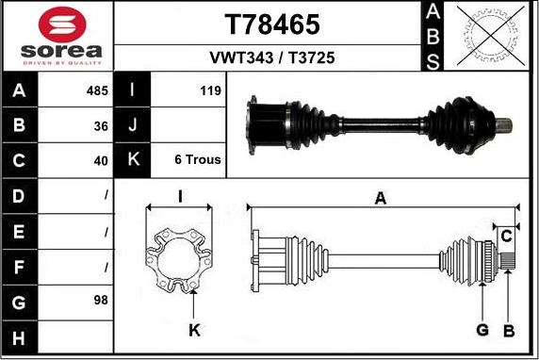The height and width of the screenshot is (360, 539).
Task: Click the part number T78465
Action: [271, 24]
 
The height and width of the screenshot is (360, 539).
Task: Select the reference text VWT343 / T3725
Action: [271, 57]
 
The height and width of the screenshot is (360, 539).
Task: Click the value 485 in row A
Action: [97, 91]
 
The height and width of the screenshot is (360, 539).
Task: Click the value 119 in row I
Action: [210, 91]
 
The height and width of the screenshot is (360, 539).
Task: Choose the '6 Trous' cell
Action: [198, 160]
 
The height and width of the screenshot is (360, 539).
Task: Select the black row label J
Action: [133, 125]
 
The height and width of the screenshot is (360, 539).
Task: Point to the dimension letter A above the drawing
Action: [381, 197]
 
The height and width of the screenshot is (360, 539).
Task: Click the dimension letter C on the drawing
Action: [506, 234]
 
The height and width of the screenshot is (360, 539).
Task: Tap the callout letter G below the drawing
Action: [482, 330]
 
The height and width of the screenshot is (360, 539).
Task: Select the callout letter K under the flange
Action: [193, 330]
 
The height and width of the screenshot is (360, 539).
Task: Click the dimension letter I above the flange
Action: [179, 197]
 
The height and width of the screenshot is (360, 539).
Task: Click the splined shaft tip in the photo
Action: [506, 123]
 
